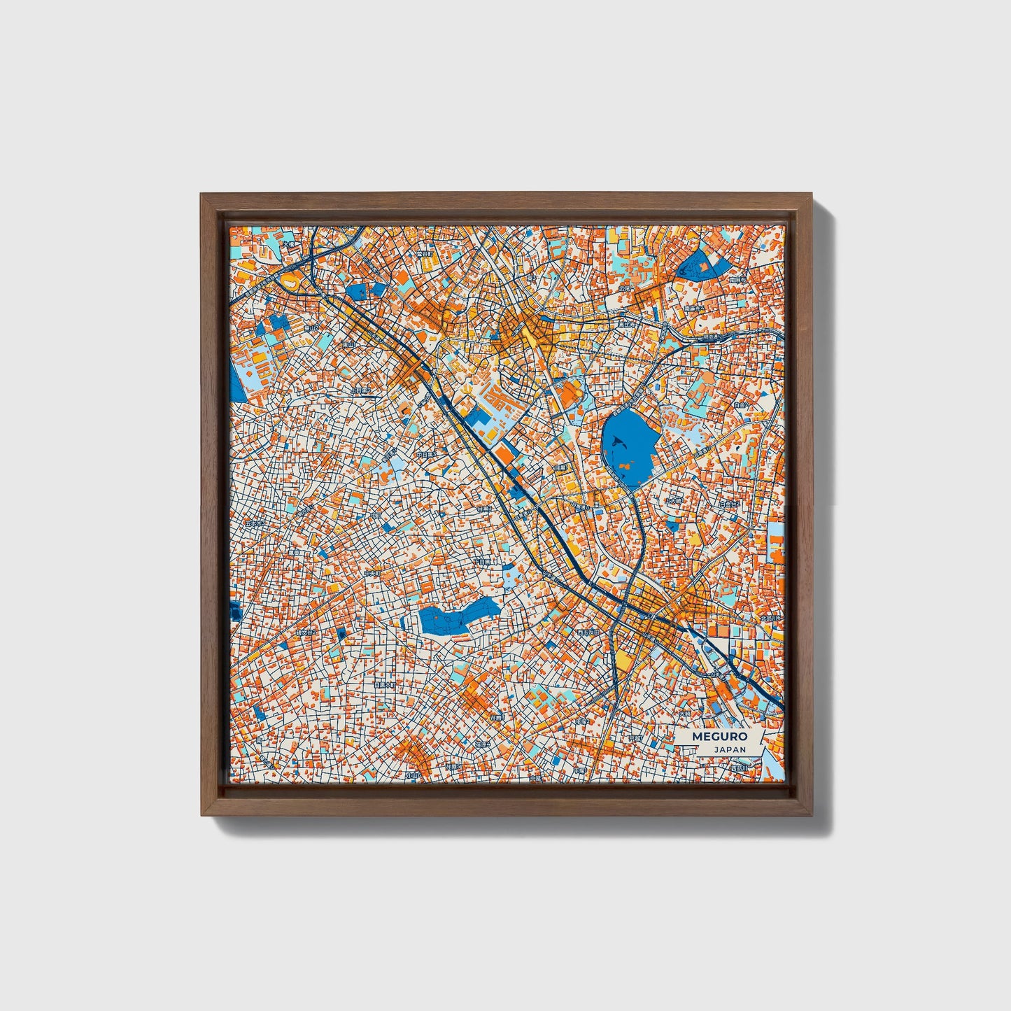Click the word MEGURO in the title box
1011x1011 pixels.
(x=719, y=736)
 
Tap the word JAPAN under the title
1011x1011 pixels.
(x=729, y=749)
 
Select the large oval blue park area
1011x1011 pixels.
(x=628, y=448)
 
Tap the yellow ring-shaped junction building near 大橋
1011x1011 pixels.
(x=288, y=282)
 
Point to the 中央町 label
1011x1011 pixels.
(x=373, y=573)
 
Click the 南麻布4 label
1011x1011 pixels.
(x=694, y=308)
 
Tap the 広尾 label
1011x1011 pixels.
(x=624, y=288)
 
